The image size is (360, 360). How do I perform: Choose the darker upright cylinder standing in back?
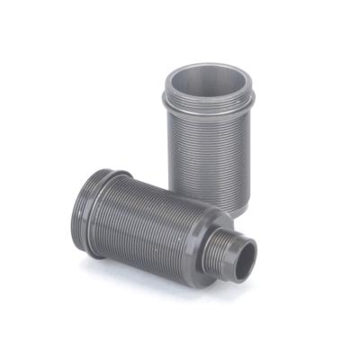pyautogui.click(x=209, y=135)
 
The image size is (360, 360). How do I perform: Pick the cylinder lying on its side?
pyautogui.click(x=153, y=220)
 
